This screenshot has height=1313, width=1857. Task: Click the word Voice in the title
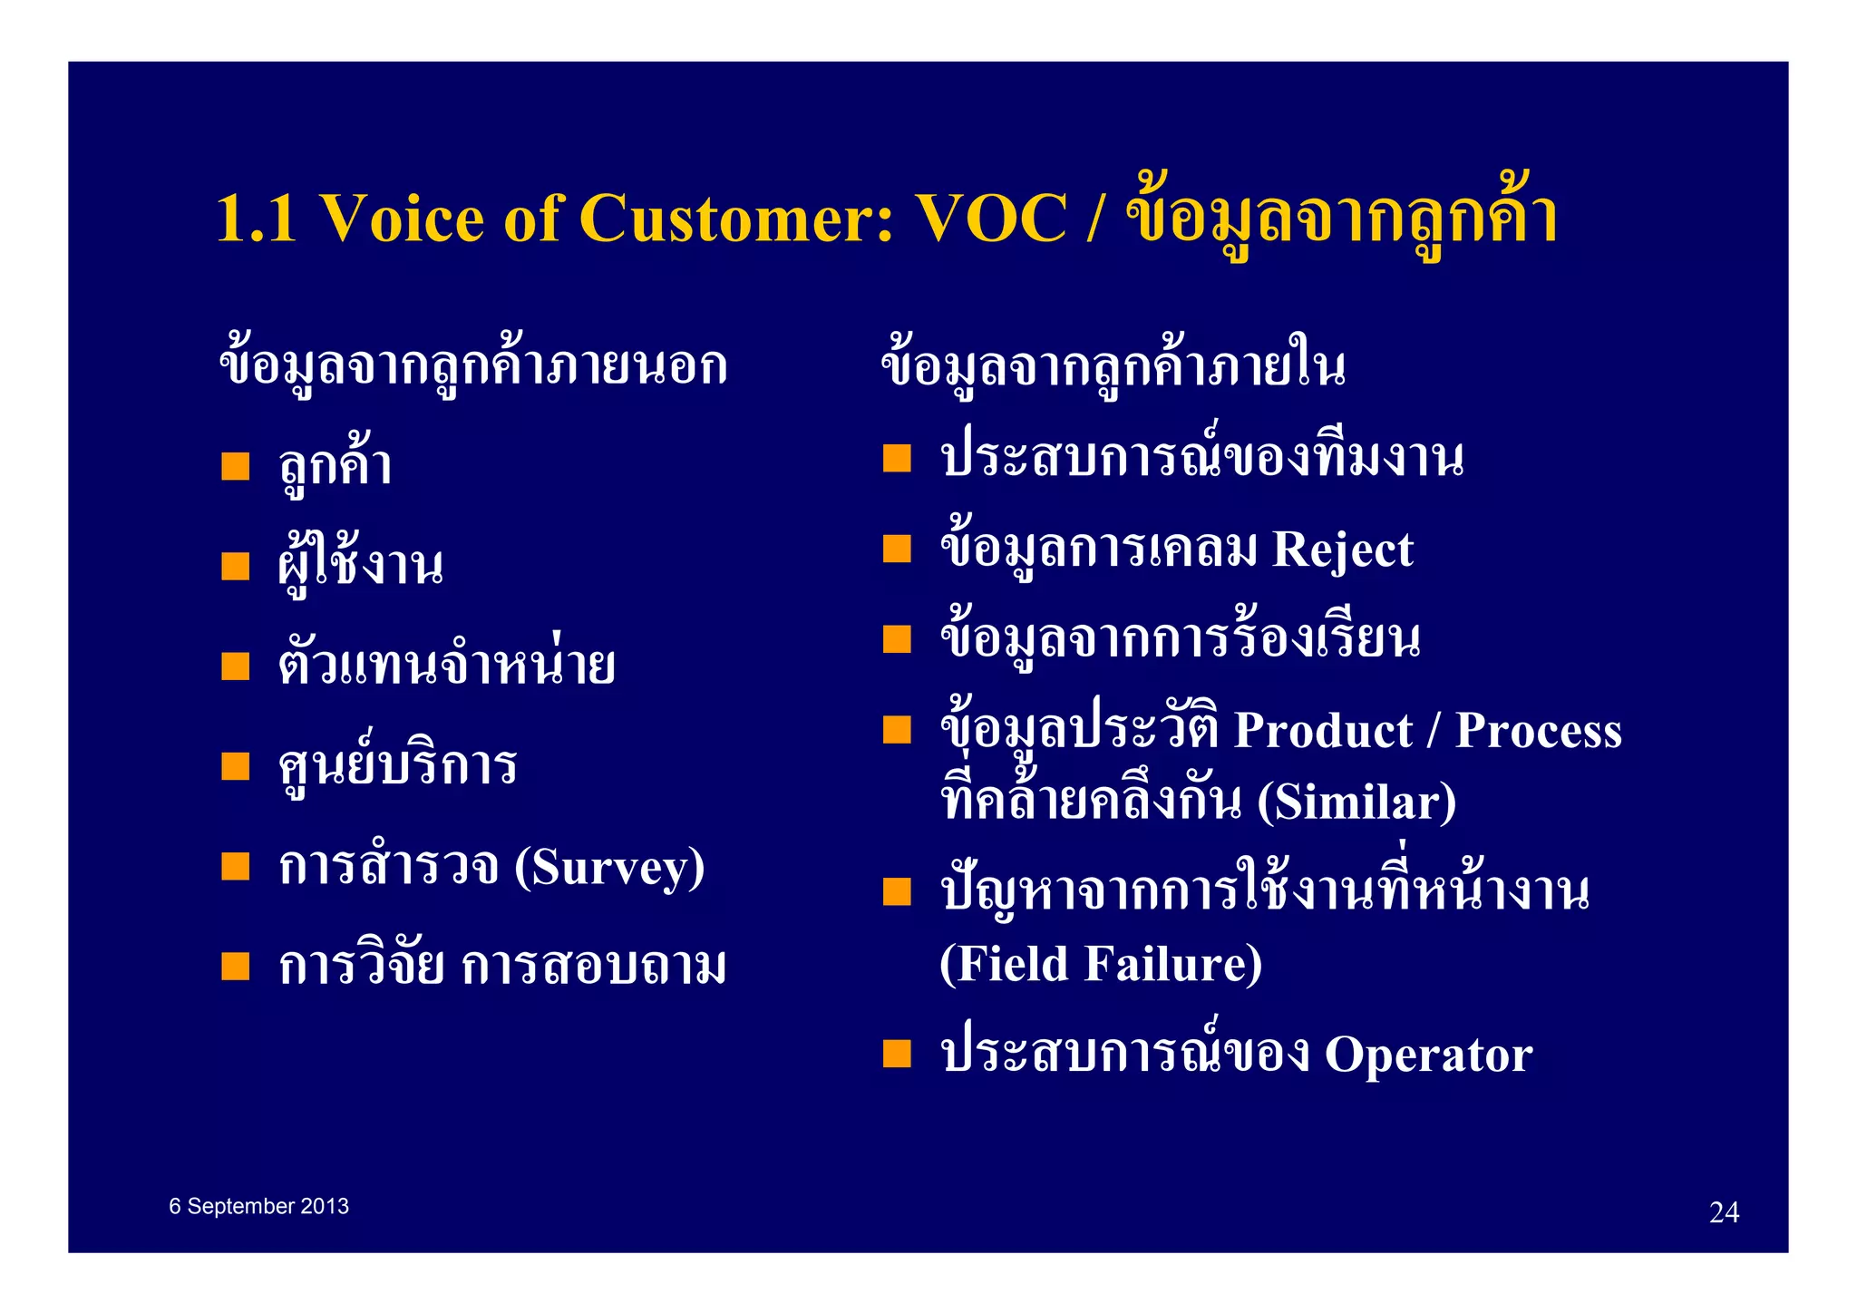point(403,219)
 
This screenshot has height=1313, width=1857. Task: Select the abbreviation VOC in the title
point(991,219)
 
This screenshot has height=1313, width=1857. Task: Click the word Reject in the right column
point(1342,550)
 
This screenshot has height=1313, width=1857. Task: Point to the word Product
point(1323,731)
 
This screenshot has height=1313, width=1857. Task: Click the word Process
point(1538,731)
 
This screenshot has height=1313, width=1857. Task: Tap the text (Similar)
point(1356,802)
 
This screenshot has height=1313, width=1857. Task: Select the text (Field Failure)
point(1101,963)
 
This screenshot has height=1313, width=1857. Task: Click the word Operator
point(1428,1055)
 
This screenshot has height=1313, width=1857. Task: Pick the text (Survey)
point(609,868)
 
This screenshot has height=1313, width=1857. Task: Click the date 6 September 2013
point(258,1206)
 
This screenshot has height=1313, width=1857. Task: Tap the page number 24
point(1723,1212)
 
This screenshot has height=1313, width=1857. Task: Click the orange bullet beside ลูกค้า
point(236,466)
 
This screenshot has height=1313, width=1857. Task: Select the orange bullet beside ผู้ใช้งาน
point(236,567)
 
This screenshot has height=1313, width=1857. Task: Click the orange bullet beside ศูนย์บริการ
point(236,766)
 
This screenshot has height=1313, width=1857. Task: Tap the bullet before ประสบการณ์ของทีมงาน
point(897,458)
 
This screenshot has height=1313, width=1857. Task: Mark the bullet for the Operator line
point(897,1054)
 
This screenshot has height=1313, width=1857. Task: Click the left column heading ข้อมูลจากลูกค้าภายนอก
point(472,366)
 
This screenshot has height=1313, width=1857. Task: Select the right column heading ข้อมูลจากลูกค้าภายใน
point(1113,366)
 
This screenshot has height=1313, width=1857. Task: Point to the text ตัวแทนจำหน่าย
point(446,666)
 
